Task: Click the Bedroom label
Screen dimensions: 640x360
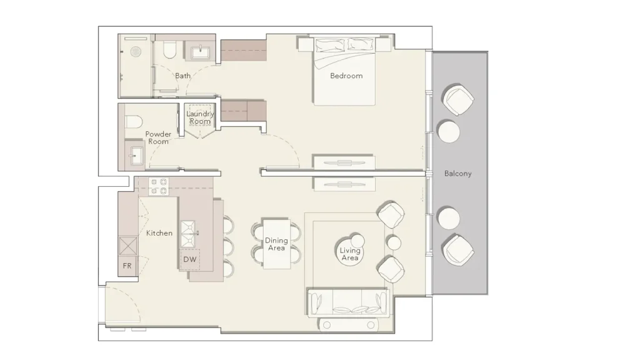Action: coord(346,76)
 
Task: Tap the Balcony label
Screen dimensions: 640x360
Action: coord(457,174)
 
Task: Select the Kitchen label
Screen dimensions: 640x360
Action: coord(159,233)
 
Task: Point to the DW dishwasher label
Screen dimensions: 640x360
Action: coord(190,259)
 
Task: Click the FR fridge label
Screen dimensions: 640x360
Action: coord(127,266)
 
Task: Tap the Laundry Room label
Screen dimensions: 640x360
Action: coord(200,117)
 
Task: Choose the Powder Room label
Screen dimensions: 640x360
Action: coord(158,137)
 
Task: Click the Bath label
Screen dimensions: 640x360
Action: coord(183,76)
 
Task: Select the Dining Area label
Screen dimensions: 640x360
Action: coord(276,244)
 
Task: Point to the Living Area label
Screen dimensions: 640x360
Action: coord(350,254)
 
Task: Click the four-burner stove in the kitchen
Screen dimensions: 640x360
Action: coord(158,186)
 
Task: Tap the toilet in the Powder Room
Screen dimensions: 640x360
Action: coord(133,122)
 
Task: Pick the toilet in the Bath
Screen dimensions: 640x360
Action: coord(169,50)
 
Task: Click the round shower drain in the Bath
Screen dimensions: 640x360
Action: coord(136,52)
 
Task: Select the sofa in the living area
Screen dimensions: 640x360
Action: coord(347,303)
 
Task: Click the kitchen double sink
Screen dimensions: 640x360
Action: coord(188,234)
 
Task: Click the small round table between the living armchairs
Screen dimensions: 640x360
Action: coord(394,243)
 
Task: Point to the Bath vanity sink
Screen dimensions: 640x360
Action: coord(201,52)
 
